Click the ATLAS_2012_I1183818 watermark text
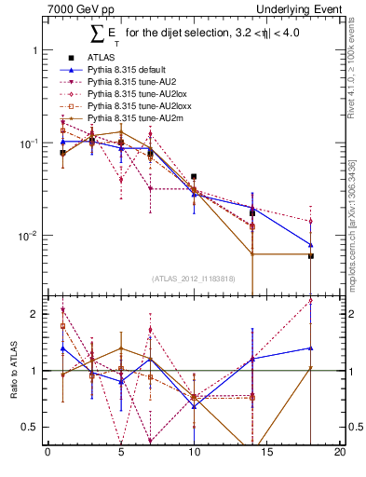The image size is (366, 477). (x=193, y=278)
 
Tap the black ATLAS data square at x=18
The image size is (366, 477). (x=311, y=255)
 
